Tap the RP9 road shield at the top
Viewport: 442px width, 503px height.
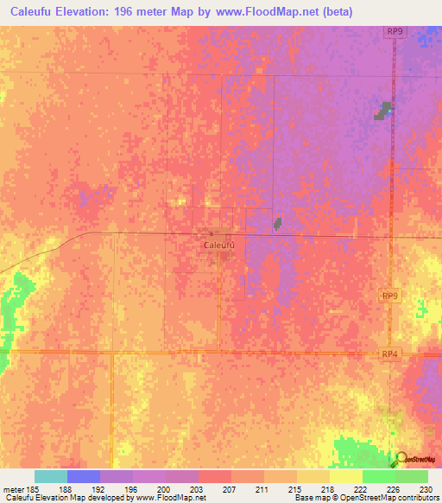point(395,32)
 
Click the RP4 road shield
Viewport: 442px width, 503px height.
point(390,353)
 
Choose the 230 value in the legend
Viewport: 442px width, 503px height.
point(427,489)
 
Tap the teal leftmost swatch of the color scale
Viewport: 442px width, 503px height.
point(51,476)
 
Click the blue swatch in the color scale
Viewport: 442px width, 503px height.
point(84,476)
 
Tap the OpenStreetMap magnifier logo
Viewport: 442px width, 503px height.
point(400,459)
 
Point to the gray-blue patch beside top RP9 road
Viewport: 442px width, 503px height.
point(382,111)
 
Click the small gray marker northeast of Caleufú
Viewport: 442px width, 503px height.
point(277,224)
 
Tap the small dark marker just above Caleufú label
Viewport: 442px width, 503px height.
point(212,233)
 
